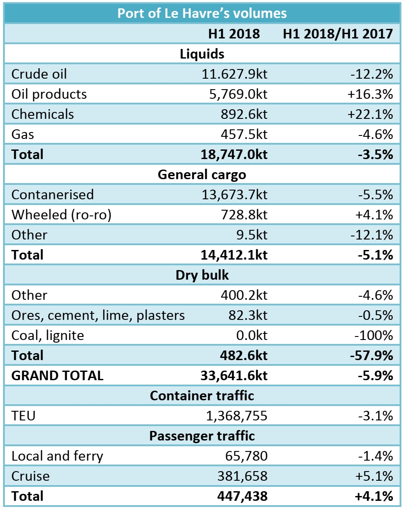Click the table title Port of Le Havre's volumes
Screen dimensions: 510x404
coord(202,13)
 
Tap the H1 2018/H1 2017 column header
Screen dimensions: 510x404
coord(338,34)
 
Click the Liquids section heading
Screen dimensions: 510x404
coord(202,54)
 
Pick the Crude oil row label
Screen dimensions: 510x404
coord(39,74)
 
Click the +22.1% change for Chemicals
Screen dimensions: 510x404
coord(370,114)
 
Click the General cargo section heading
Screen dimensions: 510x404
coord(202,175)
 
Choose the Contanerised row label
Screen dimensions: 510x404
coord(52,194)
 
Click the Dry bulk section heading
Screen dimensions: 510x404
coord(202,275)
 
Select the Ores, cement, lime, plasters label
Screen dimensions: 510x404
coord(98,315)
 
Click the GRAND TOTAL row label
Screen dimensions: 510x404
coord(57,375)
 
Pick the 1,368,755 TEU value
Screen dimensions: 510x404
coord(237,416)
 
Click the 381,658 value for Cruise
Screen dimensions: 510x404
coord(243,476)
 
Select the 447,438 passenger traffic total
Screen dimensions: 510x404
coord(242,496)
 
